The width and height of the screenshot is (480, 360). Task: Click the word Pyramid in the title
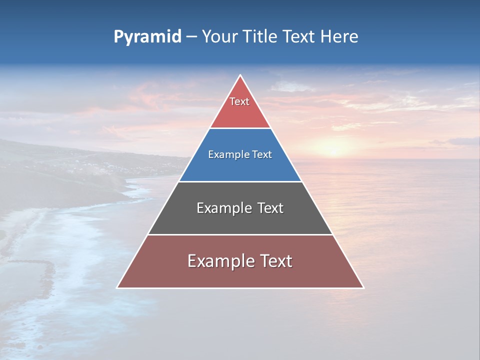tap(147, 37)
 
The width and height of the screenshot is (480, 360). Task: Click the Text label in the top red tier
tap(239, 101)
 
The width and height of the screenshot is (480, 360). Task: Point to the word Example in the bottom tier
tap(218, 261)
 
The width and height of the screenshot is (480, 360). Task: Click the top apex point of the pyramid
tap(240, 75)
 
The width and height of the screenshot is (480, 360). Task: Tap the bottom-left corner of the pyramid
tap(117, 287)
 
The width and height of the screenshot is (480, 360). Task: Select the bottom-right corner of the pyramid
tap(363, 287)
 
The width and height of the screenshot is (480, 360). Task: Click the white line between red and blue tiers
tap(240, 128)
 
